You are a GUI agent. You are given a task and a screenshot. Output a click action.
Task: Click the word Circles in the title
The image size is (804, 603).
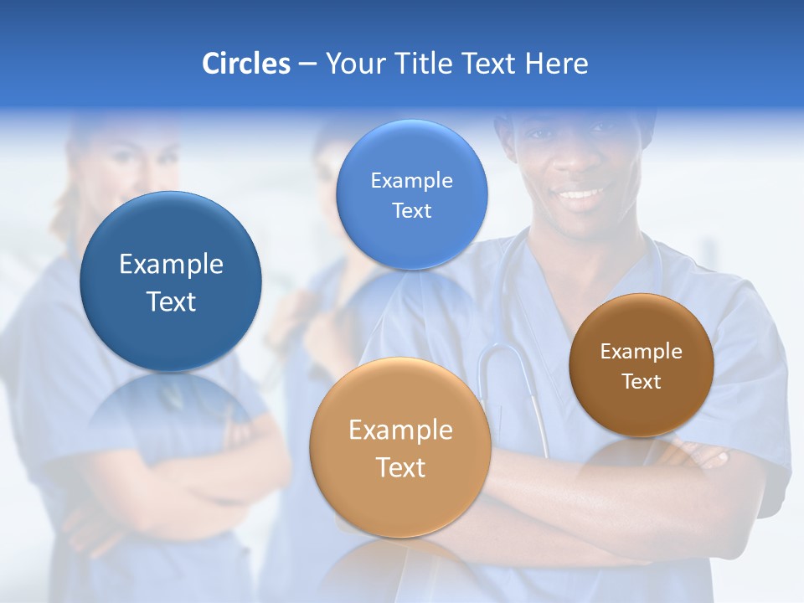245,64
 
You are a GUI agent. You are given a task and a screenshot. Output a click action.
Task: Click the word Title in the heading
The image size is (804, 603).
423,64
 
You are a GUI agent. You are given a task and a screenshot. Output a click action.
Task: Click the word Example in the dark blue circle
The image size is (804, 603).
171,265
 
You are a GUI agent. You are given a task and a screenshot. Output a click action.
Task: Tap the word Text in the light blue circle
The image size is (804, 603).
411,211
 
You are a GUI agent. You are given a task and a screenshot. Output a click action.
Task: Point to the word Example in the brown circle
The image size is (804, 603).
641,352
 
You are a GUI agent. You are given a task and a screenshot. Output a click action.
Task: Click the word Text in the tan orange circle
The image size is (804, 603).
400,467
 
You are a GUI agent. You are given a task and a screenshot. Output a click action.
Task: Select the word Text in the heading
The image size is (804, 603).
490,64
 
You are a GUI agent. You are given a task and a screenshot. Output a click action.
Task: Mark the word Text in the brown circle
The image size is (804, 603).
642,382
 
